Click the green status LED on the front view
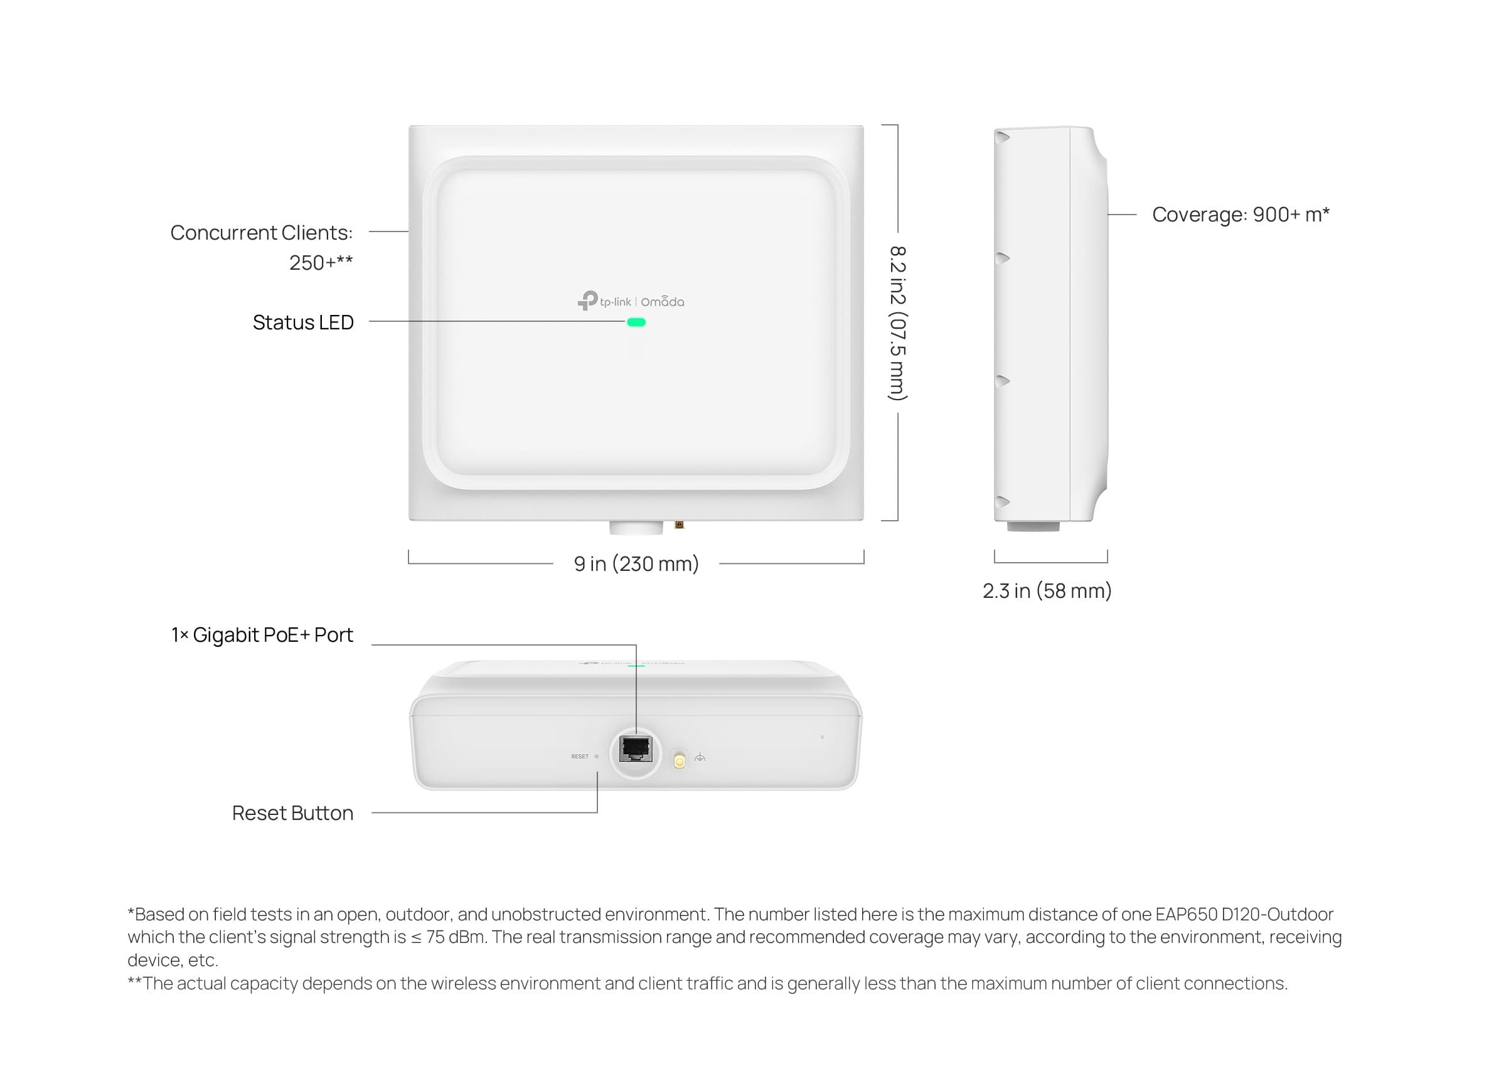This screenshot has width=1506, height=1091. [x=636, y=322]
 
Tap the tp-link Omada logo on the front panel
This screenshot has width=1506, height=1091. [x=631, y=301]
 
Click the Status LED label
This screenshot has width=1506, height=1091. [x=303, y=322]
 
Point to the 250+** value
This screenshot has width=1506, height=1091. [x=321, y=262]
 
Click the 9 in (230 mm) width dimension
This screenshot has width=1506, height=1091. [x=636, y=564]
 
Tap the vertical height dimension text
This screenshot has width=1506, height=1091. [x=898, y=323]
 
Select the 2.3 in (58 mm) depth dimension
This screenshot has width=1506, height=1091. [x=1047, y=590]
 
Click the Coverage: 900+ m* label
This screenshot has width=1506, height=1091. [x=1241, y=215]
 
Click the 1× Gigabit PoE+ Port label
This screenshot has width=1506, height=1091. [x=262, y=635]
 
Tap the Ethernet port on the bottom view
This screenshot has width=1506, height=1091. [x=636, y=749]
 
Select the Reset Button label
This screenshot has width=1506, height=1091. [x=292, y=813]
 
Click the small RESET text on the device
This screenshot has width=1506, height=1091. [x=580, y=757]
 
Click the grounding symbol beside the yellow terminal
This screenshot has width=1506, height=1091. [x=700, y=758]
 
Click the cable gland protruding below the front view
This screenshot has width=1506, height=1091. [x=636, y=528]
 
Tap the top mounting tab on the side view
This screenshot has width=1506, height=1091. [x=1002, y=137]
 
